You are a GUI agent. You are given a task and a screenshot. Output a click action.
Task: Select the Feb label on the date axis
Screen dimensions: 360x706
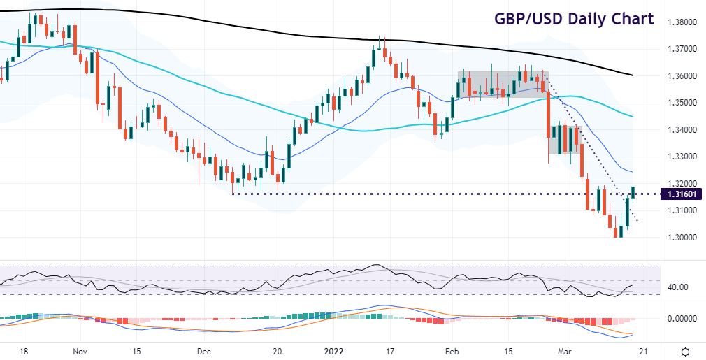[x=452, y=351]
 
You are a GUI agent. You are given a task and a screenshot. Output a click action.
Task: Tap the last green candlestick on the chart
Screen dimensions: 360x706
[x=633, y=192]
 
